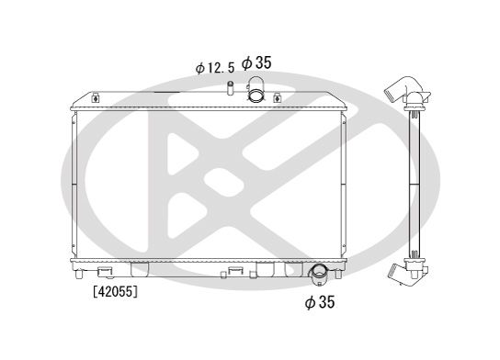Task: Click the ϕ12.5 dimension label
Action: click(214, 67)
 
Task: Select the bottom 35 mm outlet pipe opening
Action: click(319, 273)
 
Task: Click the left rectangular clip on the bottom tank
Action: click(105, 271)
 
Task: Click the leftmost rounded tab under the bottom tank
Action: click(140, 270)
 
